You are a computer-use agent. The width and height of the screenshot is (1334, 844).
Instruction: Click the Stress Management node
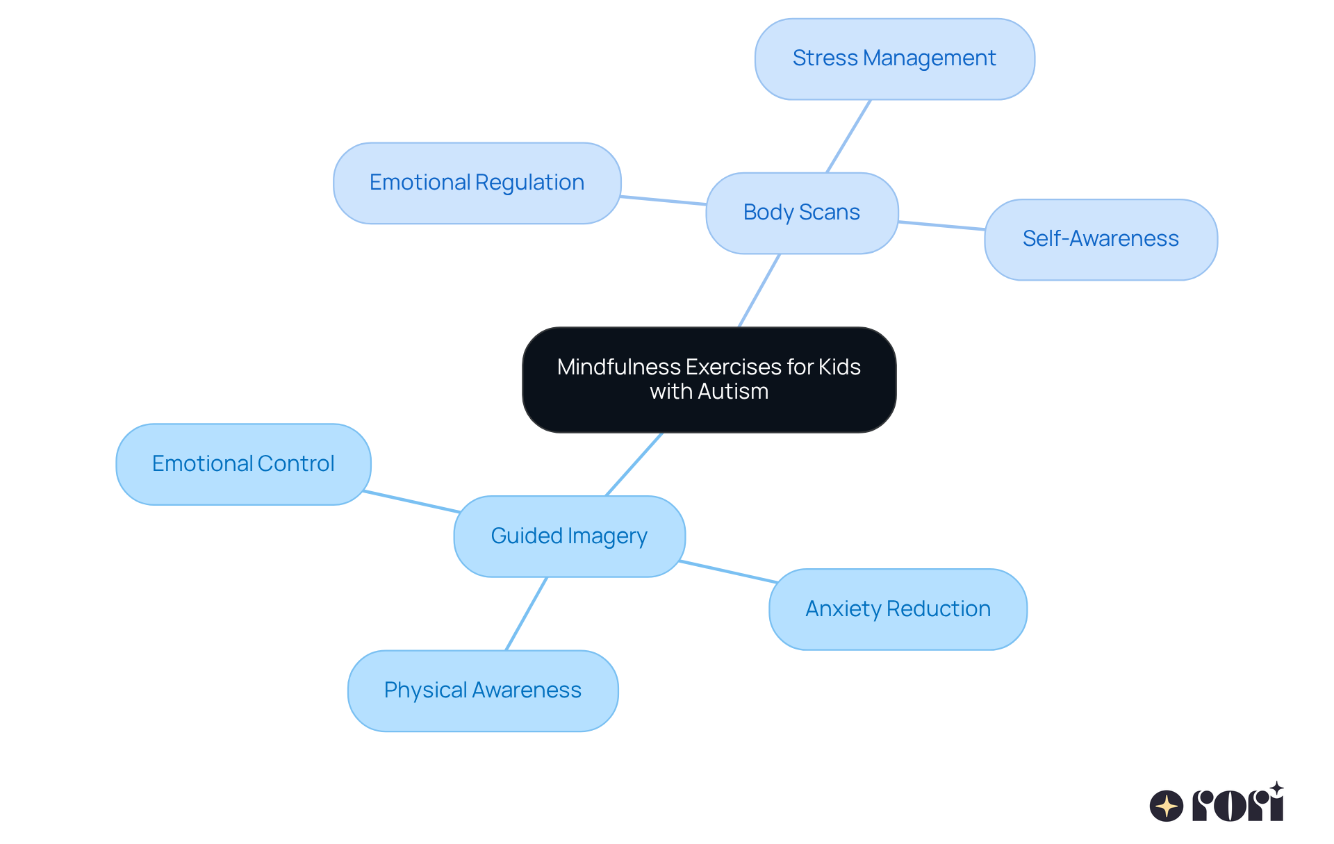click(x=894, y=59)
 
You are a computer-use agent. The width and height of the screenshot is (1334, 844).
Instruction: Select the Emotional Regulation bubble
click(x=477, y=183)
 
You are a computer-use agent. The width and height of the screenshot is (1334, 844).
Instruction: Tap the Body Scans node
click(x=802, y=213)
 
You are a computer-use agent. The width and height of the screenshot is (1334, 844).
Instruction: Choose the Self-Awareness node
click(x=1101, y=240)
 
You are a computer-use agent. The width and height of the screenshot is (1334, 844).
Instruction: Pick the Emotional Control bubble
click(x=243, y=464)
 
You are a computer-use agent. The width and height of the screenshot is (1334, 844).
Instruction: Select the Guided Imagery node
click(x=569, y=536)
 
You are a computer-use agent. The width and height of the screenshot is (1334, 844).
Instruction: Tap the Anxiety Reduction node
click(x=898, y=609)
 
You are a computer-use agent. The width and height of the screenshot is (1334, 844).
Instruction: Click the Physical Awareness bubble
click(x=483, y=690)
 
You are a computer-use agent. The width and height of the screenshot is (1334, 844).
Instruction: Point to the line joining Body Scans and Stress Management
click(x=848, y=136)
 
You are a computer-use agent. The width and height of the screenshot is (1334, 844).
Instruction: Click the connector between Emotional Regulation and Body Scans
click(x=664, y=201)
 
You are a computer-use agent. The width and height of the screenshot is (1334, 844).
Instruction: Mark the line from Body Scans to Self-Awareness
click(x=941, y=226)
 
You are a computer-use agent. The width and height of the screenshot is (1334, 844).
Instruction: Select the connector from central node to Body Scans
click(x=759, y=290)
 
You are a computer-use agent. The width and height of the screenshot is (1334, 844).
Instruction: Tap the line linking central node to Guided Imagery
click(x=634, y=464)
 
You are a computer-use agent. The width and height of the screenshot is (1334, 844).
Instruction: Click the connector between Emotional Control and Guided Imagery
click(x=411, y=502)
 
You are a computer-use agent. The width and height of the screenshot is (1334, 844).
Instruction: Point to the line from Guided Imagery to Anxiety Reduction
click(x=727, y=572)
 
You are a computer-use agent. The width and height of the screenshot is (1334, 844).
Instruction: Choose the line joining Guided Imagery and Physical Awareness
click(x=527, y=613)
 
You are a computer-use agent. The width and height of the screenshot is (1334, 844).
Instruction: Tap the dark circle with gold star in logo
click(x=1167, y=806)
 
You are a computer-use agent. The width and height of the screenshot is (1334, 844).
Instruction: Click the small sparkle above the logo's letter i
click(x=1276, y=788)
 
